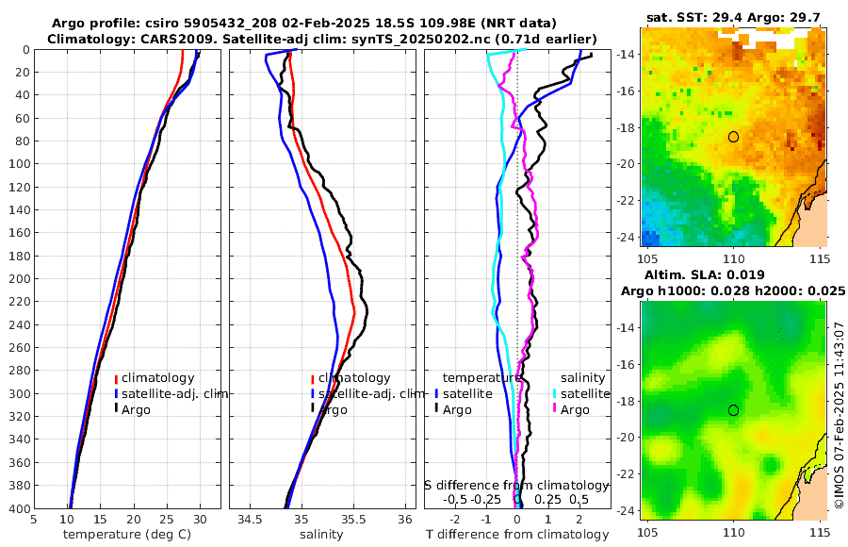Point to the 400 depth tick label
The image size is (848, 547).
click(x=18, y=508)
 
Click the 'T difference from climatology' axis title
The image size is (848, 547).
click(x=517, y=535)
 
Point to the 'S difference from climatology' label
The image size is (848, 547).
click(x=517, y=484)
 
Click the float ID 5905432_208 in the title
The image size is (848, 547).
click(x=219, y=22)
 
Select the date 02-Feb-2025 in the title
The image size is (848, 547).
click(x=308, y=22)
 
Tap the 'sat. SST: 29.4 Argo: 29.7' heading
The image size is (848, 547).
click(x=736, y=17)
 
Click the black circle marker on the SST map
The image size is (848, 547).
click(x=733, y=137)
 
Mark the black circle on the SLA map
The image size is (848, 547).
click(x=733, y=410)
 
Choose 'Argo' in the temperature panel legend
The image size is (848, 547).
click(x=137, y=409)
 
